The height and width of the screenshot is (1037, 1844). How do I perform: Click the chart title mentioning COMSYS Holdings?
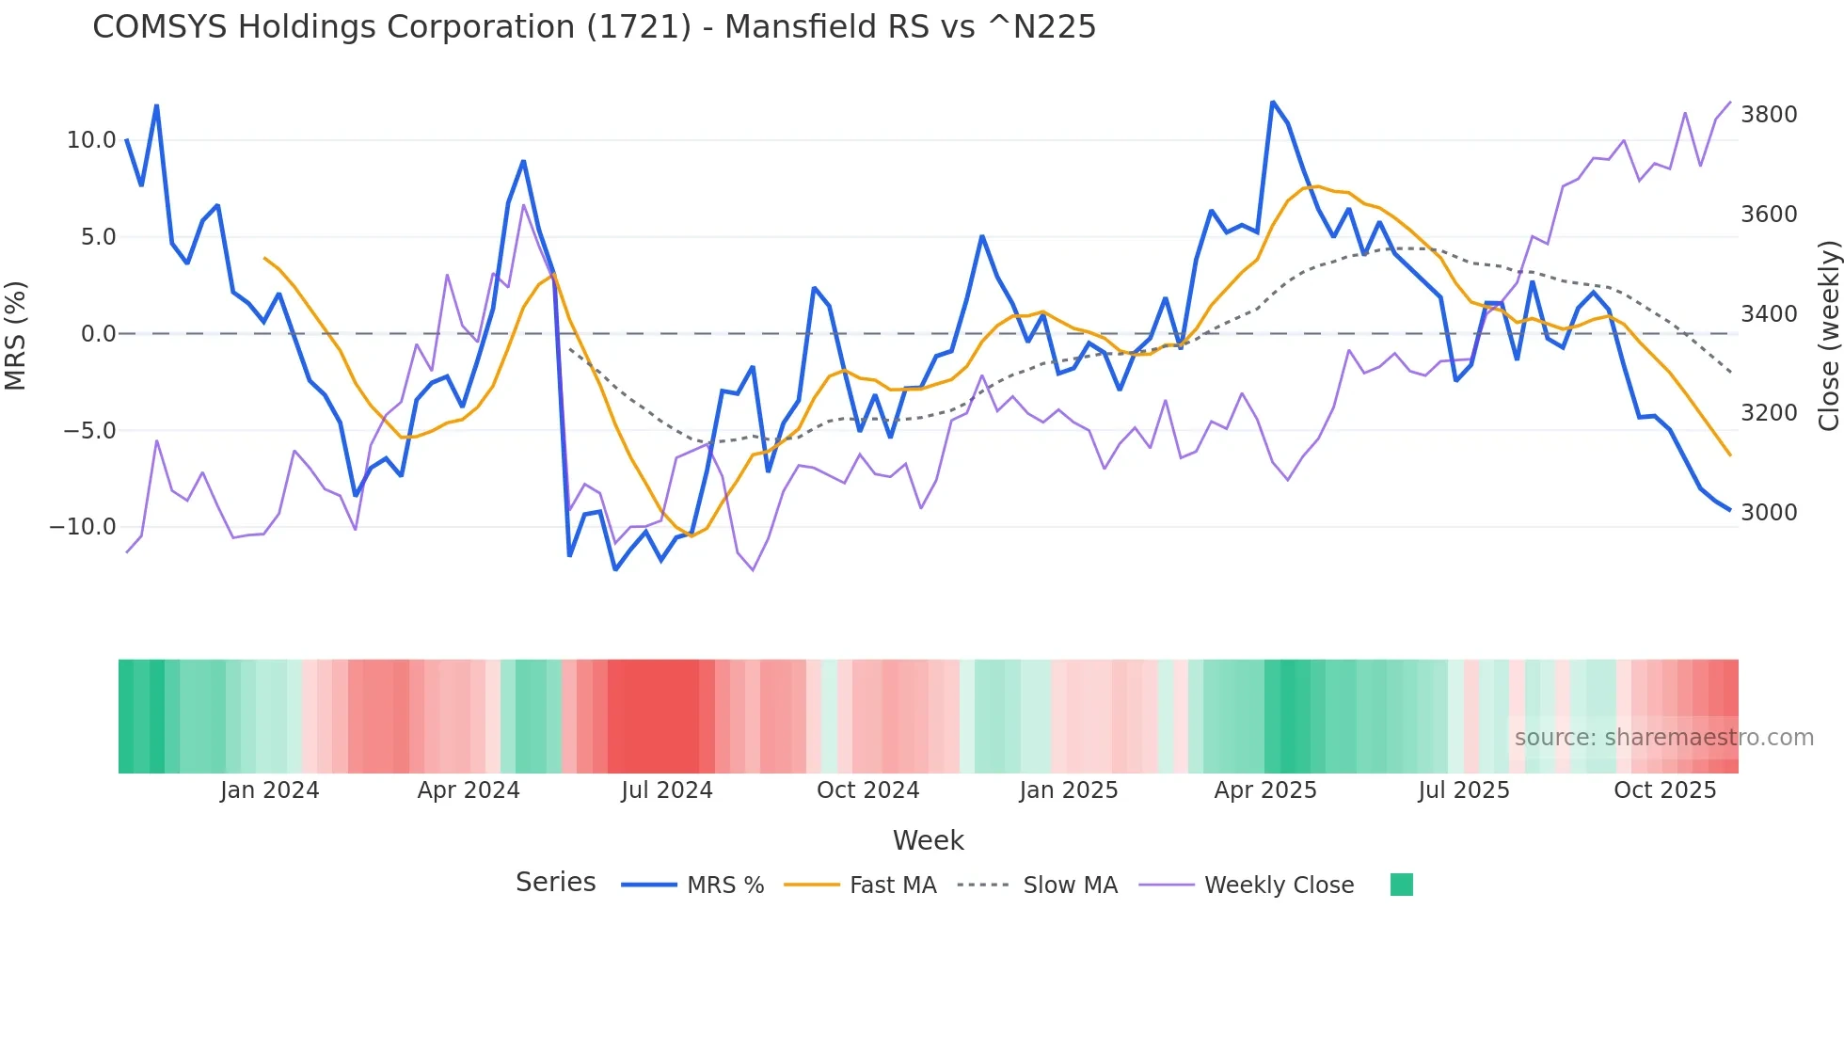pyautogui.click(x=594, y=27)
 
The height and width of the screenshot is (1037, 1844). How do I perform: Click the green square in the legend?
pyautogui.click(x=1401, y=885)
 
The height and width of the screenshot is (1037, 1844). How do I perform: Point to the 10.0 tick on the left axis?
pyautogui.click(x=91, y=140)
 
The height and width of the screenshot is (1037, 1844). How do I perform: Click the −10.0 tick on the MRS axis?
pyautogui.click(x=83, y=527)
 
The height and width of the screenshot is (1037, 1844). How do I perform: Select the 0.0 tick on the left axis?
pyautogui.click(x=98, y=334)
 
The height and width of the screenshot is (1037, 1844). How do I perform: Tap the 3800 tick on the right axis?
pyautogui.click(x=1769, y=115)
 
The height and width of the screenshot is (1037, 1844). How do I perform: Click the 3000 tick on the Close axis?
pyautogui.click(x=1769, y=513)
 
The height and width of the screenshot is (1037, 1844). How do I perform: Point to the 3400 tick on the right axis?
pyautogui.click(x=1769, y=314)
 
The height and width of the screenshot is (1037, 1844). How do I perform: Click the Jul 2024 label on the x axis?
pyautogui.click(x=667, y=790)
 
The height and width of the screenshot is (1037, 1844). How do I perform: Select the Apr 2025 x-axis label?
pyautogui.click(x=1265, y=790)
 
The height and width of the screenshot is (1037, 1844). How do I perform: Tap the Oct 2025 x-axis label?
pyautogui.click(x=1664, y=790)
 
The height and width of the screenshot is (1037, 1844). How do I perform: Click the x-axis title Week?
pyautogui.click(x=928, y=840)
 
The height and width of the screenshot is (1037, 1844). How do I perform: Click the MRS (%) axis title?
pyautogui.click(x=16, y=335)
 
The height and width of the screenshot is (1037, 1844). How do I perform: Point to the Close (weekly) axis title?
pyautogui.click(x=1828, y=335)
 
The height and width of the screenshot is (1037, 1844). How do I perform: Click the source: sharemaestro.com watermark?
pyautogui.click(x=1663, y=738)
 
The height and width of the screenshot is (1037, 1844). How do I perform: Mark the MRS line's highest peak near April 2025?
pyautogui.click(x=1272, y=102)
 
